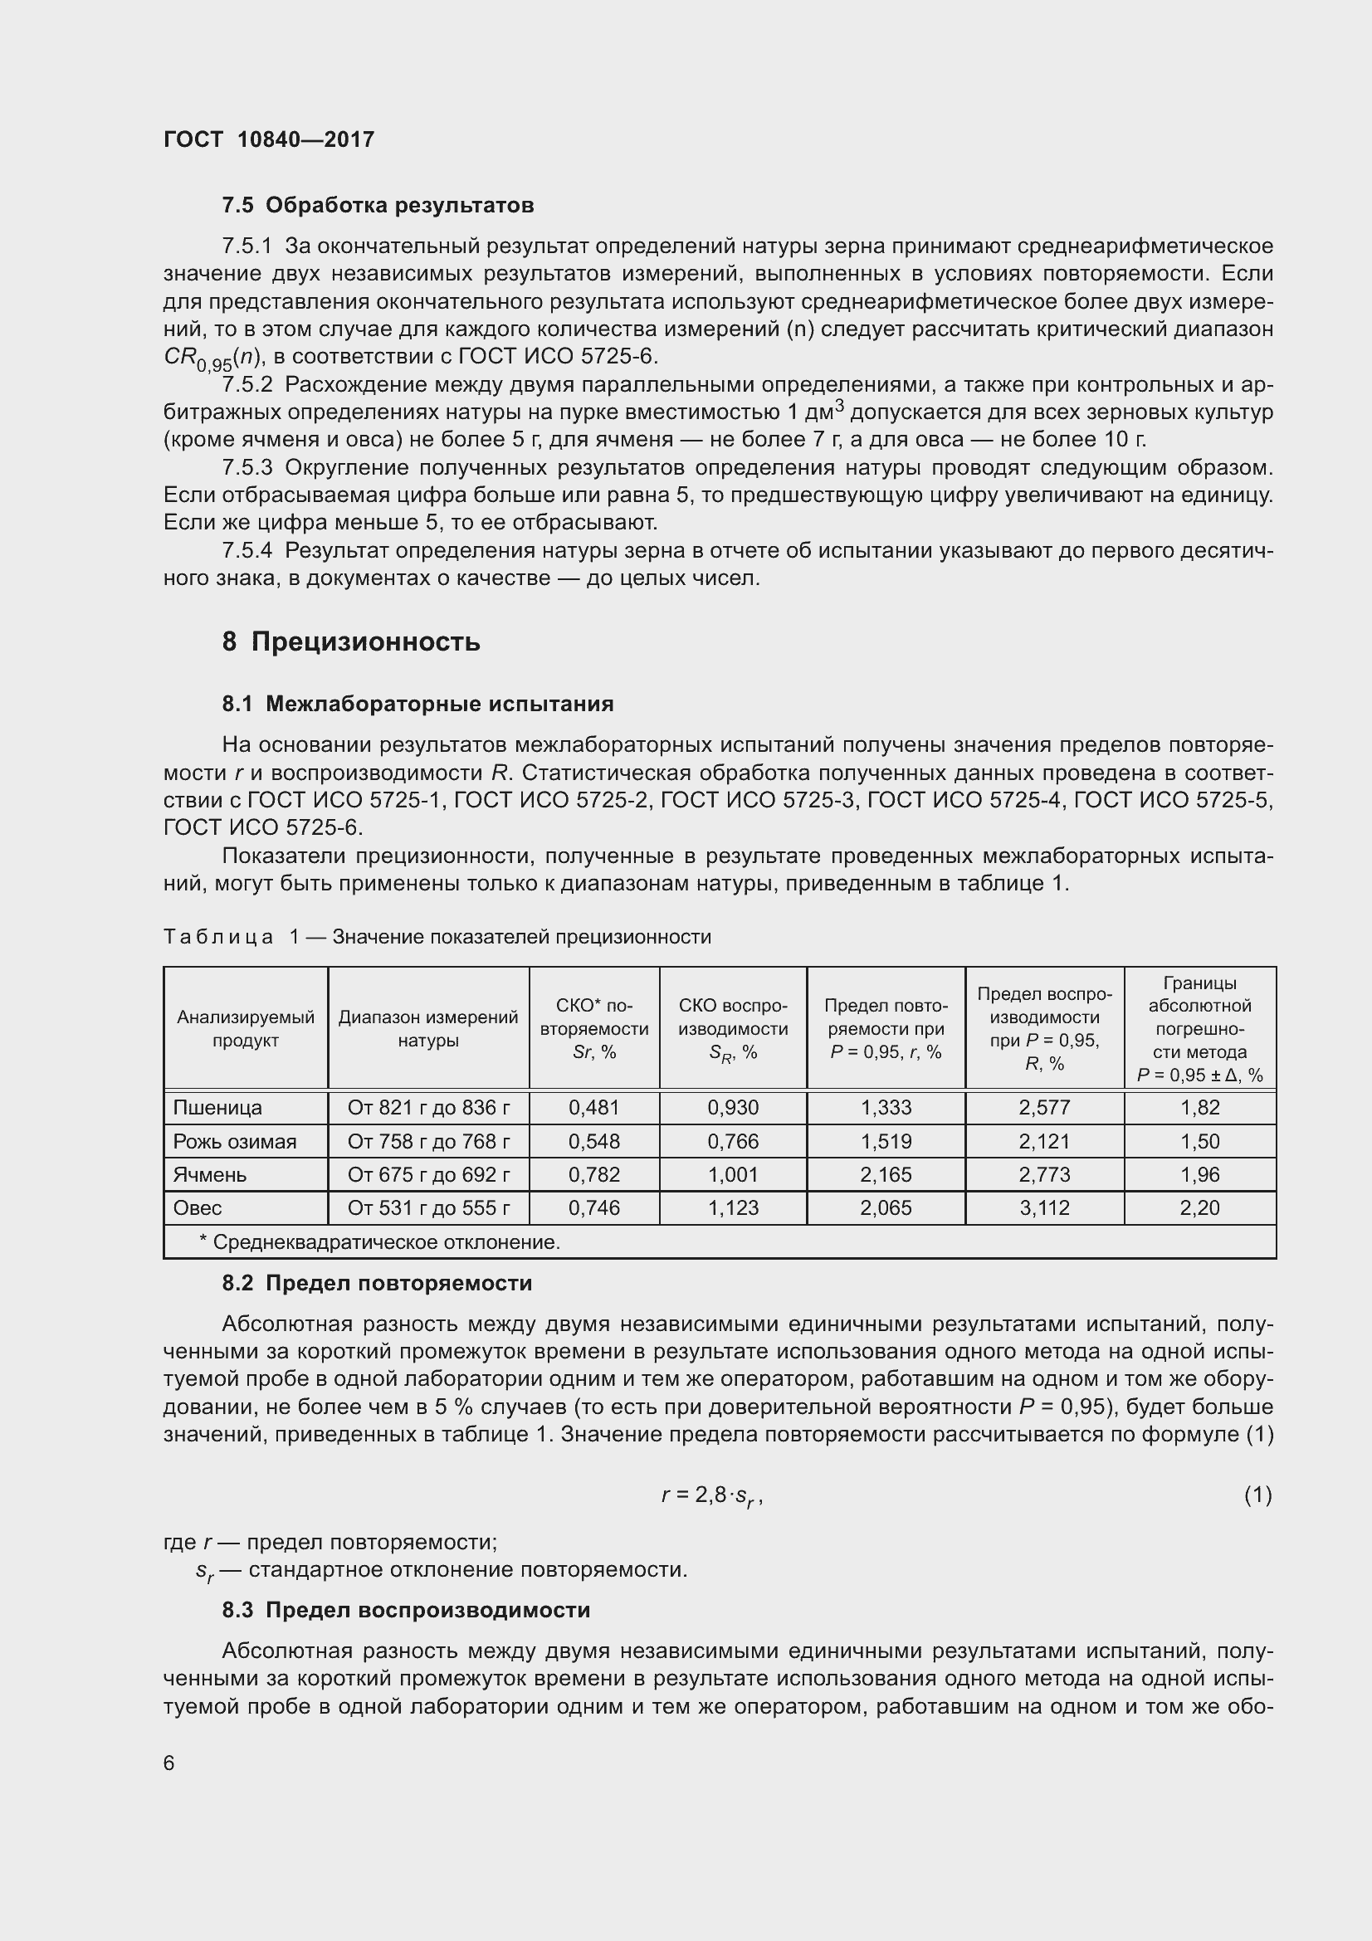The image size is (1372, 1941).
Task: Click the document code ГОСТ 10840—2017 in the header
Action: tap(269, 139)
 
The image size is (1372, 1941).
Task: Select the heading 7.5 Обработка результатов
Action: tap(378, 206)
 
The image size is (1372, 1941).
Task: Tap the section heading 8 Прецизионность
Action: tap(351, 642)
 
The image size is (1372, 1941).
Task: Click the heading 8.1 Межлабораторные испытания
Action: tap(417, 705)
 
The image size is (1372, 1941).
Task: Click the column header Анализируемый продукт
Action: tap(245, 1029)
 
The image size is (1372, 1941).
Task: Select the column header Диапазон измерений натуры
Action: tap(427, 1029)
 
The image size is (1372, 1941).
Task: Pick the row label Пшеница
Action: tap(217, 1108)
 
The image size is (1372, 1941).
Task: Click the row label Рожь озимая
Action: tap(234, 1141)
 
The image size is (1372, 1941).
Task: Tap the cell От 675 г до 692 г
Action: tap(427, 1174)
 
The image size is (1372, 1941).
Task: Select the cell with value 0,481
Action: tap(593, 1108)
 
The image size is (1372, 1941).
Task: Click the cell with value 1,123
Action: tap(733, 1208)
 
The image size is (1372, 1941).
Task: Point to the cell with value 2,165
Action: tap(886, 1174)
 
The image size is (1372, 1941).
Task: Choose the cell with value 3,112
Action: tap(1044, 1208)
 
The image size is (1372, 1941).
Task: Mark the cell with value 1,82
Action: tap(1199, 1108)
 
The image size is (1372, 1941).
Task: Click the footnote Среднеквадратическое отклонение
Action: tap(378, 1242)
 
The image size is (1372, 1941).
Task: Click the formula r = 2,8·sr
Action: tap(712, 1495)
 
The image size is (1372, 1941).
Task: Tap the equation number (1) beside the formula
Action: tap(1257, 1495)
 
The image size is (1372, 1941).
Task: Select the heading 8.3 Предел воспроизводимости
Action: tap(406, 1611)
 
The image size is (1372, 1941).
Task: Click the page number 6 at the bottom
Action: tap(169, 1763)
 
